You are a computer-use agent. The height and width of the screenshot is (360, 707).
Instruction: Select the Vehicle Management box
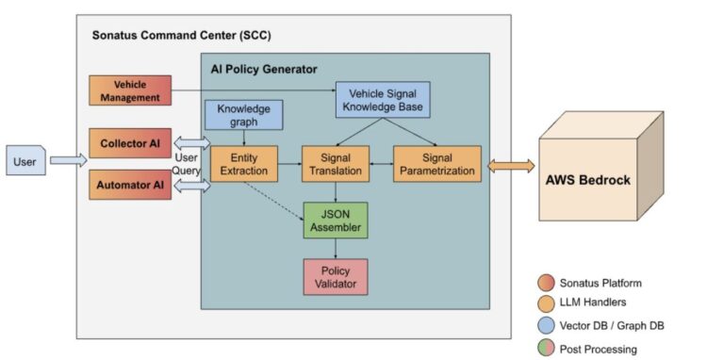tap(130, 90)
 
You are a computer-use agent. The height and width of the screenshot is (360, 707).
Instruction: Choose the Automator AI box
tap(130, 185)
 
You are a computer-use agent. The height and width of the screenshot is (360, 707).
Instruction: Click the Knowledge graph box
tap(243, 115)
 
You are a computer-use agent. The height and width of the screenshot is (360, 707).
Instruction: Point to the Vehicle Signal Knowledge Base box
tap(383, 99)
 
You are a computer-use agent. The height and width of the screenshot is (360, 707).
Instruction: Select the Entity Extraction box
tap(243, 162)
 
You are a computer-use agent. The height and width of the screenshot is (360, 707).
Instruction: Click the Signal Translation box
tap(337, 162)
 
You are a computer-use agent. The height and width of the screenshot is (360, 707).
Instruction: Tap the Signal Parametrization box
tap(436, 162)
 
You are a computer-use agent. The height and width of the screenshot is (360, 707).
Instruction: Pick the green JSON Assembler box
tap(337, 219)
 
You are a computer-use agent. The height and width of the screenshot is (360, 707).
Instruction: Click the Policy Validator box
tap(337, 275)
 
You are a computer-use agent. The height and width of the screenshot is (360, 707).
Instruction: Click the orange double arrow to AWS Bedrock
tap(510, 165)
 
